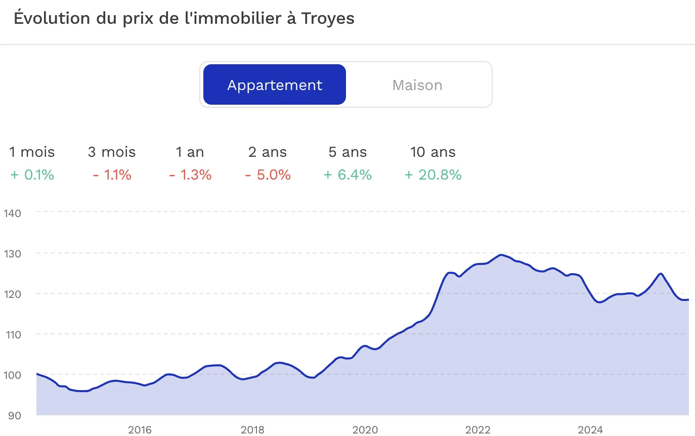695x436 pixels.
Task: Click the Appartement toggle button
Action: (275, 85)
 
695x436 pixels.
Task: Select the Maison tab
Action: (417, 85)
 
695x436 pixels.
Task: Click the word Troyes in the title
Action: (328, 18)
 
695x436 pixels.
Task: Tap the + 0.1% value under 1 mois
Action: (32, 175)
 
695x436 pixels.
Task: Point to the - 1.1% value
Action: (112, 175)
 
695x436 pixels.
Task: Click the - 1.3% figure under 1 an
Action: (190, 175)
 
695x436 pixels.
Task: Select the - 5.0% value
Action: (268, 175)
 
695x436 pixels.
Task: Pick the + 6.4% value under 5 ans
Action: (348, 175)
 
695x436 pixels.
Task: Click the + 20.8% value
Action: (433, 175)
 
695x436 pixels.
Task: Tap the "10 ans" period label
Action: (433, 152)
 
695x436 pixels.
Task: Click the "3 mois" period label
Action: (112, 152)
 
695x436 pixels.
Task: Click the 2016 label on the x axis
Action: (140, 430)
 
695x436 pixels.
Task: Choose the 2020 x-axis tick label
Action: (365, 430)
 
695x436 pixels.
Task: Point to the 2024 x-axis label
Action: (590, 430)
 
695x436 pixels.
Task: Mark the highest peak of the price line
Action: (500, 255)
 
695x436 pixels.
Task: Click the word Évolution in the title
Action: (49, 18)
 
